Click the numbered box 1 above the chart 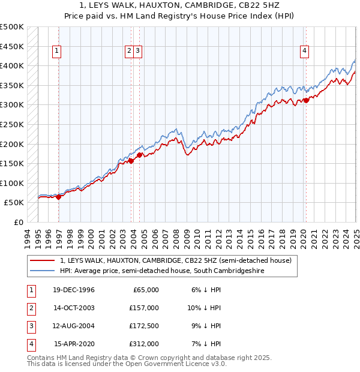(56, 52)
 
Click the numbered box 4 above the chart (305, 52)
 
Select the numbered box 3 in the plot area (138, 52)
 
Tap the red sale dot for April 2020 (306, 100)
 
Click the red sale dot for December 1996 (59, 197)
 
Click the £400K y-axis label (12, 65)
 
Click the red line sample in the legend (43, 260)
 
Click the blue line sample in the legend (43, 271)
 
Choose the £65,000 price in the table (146, 290)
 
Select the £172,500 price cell (143, 326)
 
